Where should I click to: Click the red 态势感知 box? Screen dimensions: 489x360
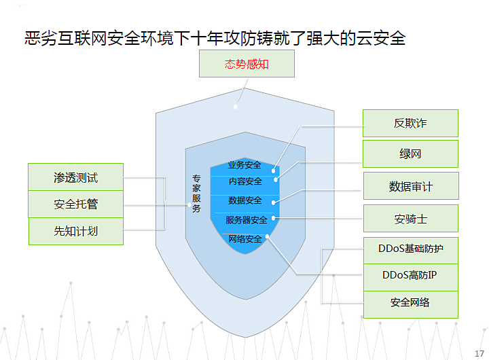coord(247,64)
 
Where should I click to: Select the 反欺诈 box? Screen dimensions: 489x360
coord(410,123)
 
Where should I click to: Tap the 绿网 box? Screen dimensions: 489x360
coord(410,154)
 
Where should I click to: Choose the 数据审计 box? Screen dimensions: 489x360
coord(411,186)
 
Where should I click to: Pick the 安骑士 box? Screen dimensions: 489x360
coord(411,218)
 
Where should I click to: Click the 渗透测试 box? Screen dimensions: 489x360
coord(76,177)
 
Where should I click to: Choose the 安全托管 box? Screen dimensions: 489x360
coord(76,204)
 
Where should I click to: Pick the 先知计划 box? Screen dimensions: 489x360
coord(76,231)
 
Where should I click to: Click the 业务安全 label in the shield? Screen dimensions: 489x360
coord(244,165)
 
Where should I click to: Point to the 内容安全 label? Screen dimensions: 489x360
coord(245,181)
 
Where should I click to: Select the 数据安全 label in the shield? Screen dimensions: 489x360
coord(244,200)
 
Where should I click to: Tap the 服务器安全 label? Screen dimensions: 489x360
coord(247,220)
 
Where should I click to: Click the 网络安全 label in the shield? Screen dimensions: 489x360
coord(245,239)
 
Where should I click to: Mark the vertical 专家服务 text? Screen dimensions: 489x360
coord(196,194)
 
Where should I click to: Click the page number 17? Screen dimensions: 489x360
coord(479,353)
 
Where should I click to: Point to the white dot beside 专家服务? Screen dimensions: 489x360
coord(189,205)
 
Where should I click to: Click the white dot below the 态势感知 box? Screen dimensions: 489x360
coord(236,107)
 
